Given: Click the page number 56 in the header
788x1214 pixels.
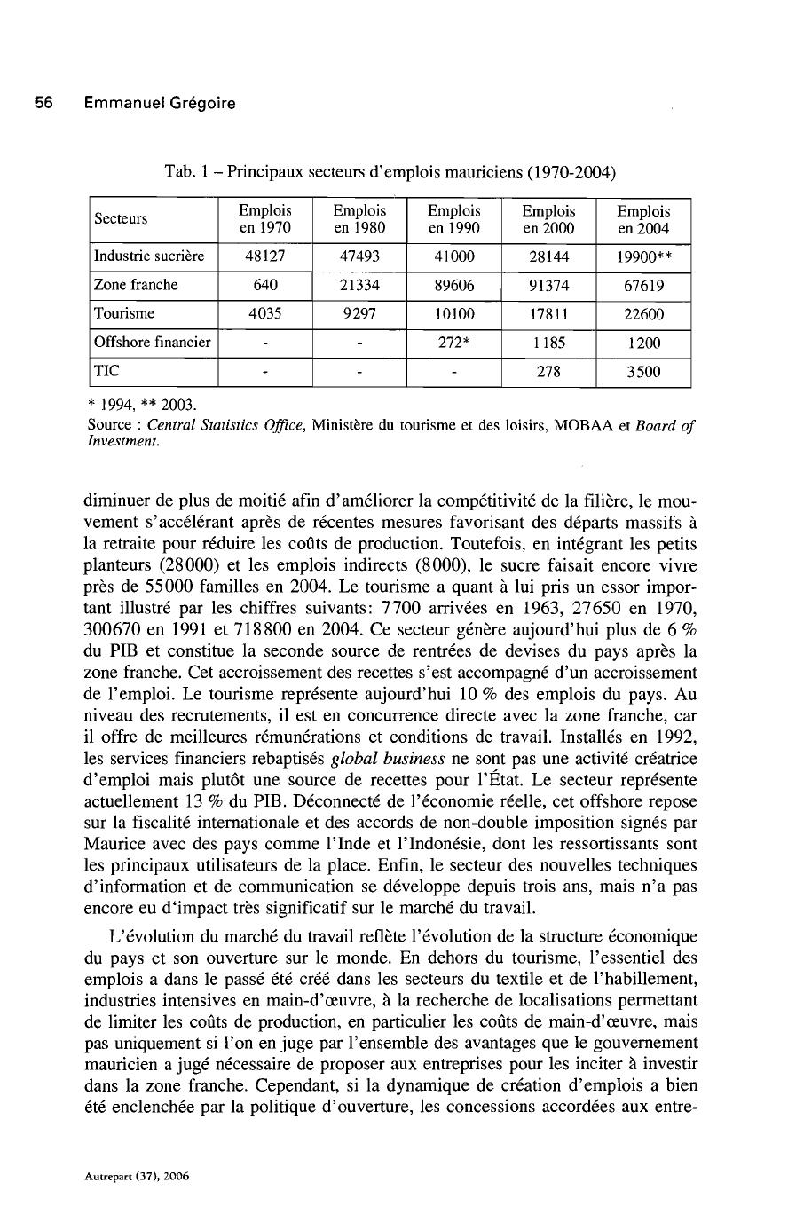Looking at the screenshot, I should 43,103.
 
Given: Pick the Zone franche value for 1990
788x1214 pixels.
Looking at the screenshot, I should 454,285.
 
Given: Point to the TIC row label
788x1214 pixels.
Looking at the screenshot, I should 107,372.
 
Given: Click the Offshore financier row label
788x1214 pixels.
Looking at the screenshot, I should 153,343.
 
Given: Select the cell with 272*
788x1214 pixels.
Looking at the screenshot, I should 454,343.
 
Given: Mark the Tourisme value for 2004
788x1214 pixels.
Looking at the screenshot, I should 643,314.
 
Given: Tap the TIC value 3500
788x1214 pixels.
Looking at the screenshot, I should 643,372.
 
